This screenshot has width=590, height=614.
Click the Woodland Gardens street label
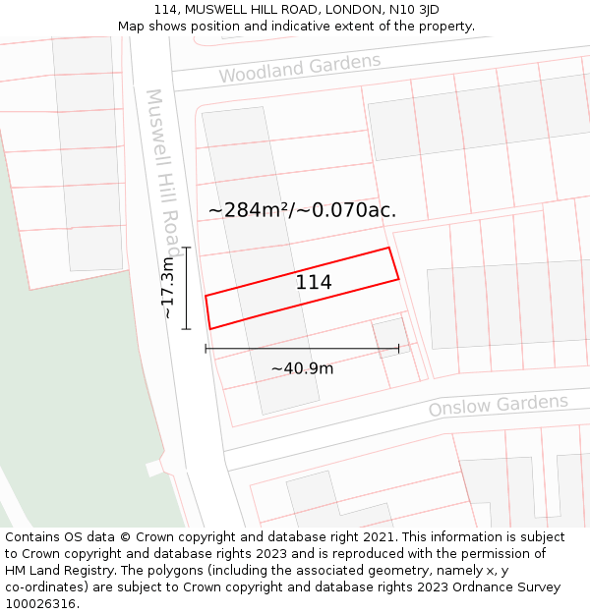click(299, 69)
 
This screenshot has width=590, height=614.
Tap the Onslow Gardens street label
click(498, 405)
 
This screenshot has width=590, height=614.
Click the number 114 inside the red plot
click(314, 283)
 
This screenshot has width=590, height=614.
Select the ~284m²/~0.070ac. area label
click(303, 209)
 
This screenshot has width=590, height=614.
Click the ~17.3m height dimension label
click(168, 287)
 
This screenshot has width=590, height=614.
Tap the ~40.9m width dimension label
click(302, 368)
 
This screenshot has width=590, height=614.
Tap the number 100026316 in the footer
click(40, 604)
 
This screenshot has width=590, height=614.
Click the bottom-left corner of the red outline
click(209, 328)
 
